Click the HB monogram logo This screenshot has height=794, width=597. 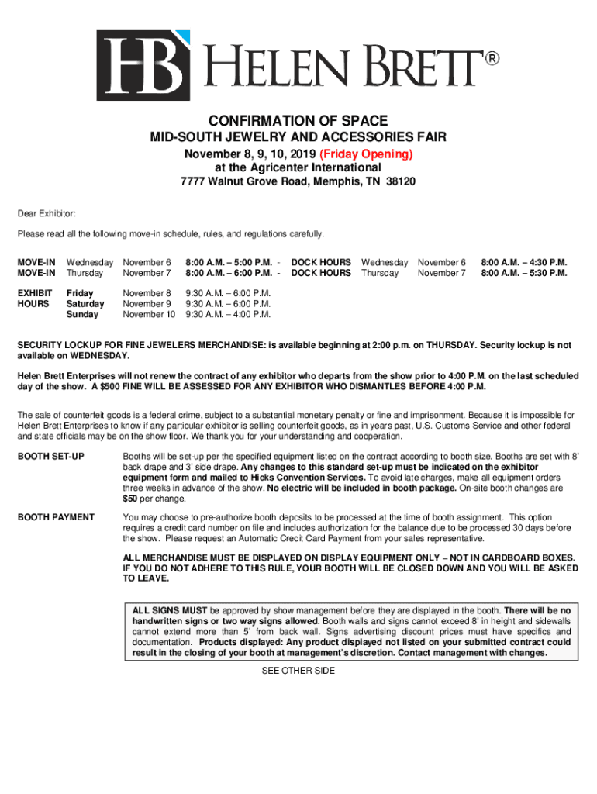[x=143, y=66]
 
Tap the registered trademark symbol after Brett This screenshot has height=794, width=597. [x=492, y=59]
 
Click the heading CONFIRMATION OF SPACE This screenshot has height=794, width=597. [x=298, y=121]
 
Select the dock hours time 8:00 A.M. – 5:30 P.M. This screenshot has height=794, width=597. [x=524, y=273]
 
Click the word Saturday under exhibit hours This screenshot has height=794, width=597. [x=85, y=304]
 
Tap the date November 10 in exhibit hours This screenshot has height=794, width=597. [x=149, y=315]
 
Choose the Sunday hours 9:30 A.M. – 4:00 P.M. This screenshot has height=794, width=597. [x=228, y=315]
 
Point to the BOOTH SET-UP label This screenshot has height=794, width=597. [x=51, y=457]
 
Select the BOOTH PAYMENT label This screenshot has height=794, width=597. [x=56, y=517]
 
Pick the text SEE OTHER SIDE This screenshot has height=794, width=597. [x=298, y=671]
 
